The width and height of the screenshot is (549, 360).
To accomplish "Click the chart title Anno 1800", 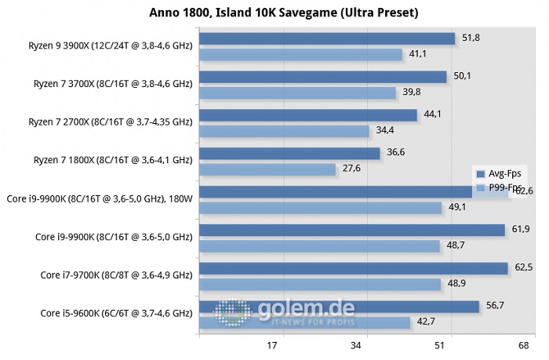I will click(274, 13).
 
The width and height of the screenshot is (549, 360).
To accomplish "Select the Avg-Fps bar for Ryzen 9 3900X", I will click(327, 38).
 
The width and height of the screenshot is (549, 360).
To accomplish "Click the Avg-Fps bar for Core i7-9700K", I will click(354, 268).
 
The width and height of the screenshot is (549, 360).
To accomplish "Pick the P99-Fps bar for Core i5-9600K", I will click(305, 322).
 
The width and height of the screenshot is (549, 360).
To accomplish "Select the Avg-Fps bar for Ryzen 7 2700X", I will click(308, 115).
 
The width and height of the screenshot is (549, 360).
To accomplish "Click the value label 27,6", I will click(373, 169).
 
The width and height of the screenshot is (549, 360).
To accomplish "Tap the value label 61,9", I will click(522, 229).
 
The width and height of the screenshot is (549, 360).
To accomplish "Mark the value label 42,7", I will click(425, 322).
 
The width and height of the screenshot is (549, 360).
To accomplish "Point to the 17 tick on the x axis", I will click(273, 345).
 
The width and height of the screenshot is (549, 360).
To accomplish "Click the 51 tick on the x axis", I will click(440, 345).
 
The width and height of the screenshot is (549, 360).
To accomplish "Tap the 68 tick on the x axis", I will click(523, 345).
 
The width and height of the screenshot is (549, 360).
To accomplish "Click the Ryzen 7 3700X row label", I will click(112, 84).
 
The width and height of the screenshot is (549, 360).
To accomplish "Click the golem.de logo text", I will click(306, 310).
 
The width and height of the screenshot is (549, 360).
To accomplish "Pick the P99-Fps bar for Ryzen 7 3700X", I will click(298, 93).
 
